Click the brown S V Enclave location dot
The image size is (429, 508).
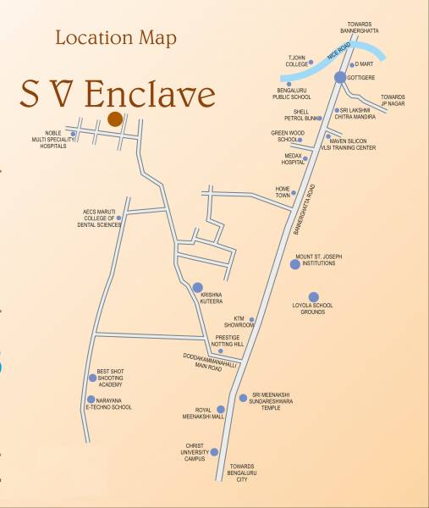pyautogui.click(x=114, y=119)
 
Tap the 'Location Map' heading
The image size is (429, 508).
pyautogui.click(x=115, y=38)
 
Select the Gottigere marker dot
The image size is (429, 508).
pyautogui.click(x=339, y=77)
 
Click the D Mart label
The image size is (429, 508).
pyautogui.click(x=364, y=63)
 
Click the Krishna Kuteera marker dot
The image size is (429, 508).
pyautogui.click(x=197, y=287)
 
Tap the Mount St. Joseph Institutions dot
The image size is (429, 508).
pyautogui.click(x=294, y=264)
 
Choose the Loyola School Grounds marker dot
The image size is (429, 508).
pyautogui.click(x=314, y=297)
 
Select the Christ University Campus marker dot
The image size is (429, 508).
pyautogui.click(x=214, y=452)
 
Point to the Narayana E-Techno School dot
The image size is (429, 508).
pyautogui.click(x=91, y=399)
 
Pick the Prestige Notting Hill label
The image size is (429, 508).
pyautogui.click(x=222, y=340)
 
